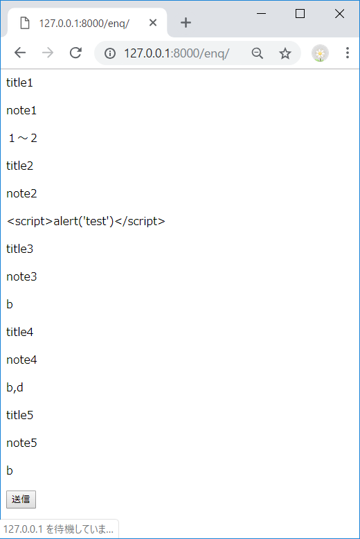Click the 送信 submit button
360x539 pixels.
tap(21, 500)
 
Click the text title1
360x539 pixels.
tap(19, 82)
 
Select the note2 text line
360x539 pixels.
tap(21, 193)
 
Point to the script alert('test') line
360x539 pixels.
tap(86, 221)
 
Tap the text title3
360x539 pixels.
tap(19, 249)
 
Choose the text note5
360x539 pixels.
tap(21, 443)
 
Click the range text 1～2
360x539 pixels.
tap(22, 138)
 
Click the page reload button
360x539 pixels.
tap(76, 53)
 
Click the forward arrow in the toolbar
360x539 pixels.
tap(48, 53)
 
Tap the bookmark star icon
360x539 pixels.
tap(285, 53)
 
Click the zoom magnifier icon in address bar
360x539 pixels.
tap(258, 53)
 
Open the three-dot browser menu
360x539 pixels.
tap(348, 53)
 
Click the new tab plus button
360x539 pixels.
tap(186, 22)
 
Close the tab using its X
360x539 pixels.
tap(153, 23)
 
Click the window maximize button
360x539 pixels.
tap(300, 13)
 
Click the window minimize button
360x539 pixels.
tap(261, 13)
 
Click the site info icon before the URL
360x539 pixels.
tap(109, 53)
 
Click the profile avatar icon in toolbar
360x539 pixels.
tap(320, 53)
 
